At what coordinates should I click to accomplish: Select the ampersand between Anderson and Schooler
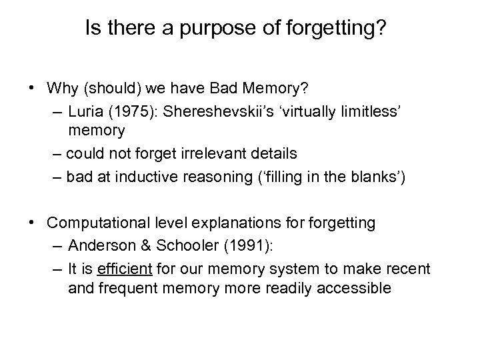point(145,246)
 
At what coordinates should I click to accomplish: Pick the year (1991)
point(249,246)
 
